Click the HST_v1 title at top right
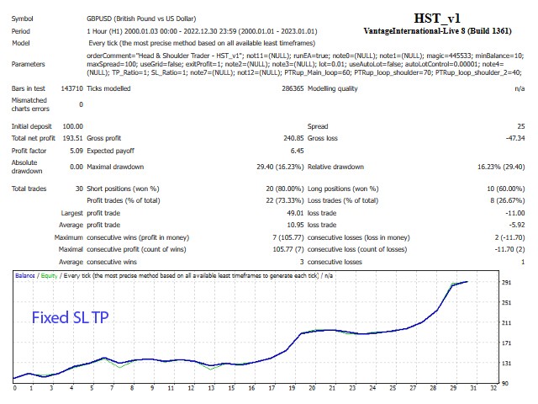[437, 17]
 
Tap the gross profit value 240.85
[288, 137]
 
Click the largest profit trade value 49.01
[290, 214]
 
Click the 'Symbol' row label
[23, 17]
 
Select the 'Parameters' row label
[29, 63]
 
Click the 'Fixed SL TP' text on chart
[69, 317]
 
